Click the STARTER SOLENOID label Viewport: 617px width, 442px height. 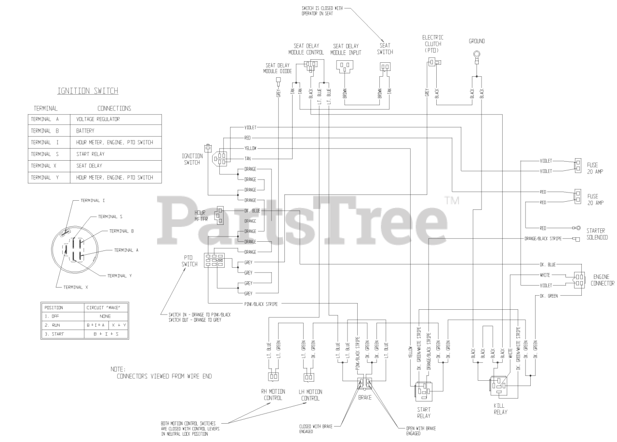[597, 234]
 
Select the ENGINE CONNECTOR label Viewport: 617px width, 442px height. [603, 280]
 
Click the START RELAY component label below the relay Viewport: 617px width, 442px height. [424, 412]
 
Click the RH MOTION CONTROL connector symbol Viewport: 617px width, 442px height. [273, 377]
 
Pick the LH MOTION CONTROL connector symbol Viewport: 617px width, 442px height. [308, 377]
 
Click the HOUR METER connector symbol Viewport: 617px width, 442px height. [220, 215]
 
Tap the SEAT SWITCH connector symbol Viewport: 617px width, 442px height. [385, 67]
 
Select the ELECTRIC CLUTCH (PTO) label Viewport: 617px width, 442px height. [433, 43]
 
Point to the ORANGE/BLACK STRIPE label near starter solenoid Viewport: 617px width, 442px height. [542, 238]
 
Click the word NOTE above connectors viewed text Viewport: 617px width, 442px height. [118, 369]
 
